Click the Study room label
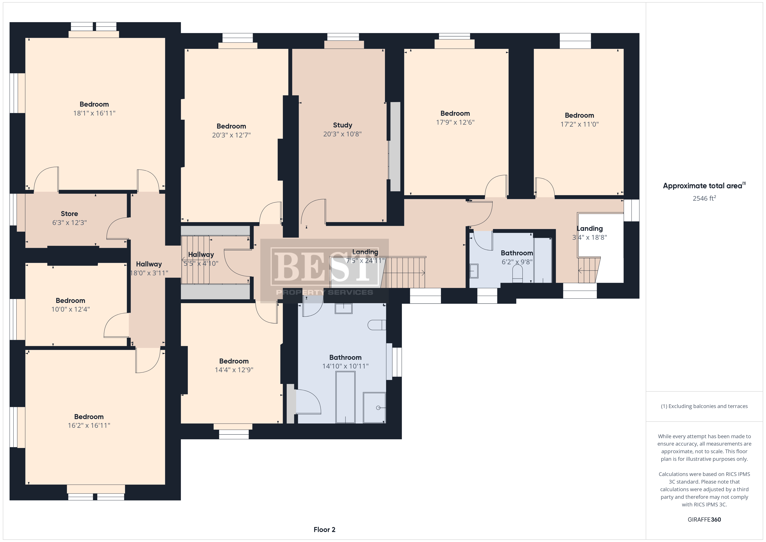[342, 125]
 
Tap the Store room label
[69, 214]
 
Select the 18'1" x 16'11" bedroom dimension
[94, 113]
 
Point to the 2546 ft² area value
[704, 198]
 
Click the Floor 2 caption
[324, 530]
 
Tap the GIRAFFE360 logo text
[704, 520]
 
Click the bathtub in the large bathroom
[345, 397]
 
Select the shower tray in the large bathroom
[374, 408]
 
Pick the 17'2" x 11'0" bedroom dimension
[579, 124]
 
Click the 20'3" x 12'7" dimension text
[231, 135]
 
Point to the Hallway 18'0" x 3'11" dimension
[149, 273]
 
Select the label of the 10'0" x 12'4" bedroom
[70, 300]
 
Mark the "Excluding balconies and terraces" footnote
[704, 406]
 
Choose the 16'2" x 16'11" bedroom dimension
[89, 426]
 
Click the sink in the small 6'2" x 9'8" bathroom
[474, 271]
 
